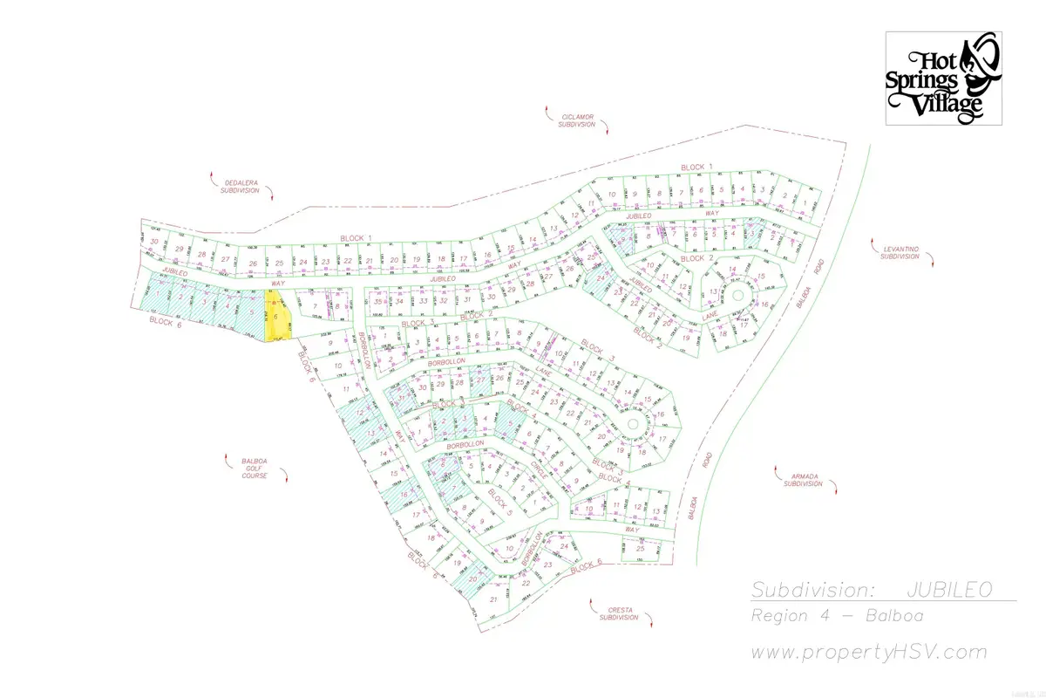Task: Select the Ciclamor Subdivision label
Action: tap(577, 120)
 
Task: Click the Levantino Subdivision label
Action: tap(899, 252)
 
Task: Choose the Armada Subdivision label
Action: tap(803, 478)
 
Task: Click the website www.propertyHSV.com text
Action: tap(869, 652)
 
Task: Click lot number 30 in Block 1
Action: tap(154, 242)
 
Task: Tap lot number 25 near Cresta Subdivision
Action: tap(640, 548)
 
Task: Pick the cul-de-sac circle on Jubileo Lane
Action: tap(737, 295)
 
